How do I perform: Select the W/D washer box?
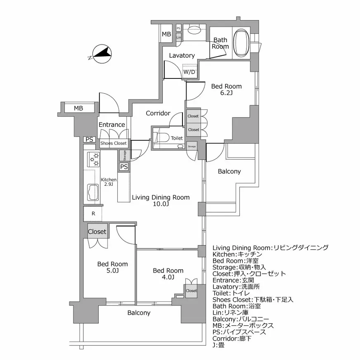(189, 71)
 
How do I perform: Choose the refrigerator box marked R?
(93, 213)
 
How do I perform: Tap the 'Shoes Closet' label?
(114, 143)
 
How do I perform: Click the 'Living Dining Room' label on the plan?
(161, 197)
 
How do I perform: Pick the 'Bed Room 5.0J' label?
(112, 268)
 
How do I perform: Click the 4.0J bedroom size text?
(168, 277)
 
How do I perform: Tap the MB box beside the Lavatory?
(166, 34)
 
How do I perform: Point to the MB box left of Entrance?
(78, 109)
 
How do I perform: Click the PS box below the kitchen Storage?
(123, 167)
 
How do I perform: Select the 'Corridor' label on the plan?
(158, 113)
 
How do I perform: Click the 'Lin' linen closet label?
(179, 38)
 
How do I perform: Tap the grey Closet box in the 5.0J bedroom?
(97, 232)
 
